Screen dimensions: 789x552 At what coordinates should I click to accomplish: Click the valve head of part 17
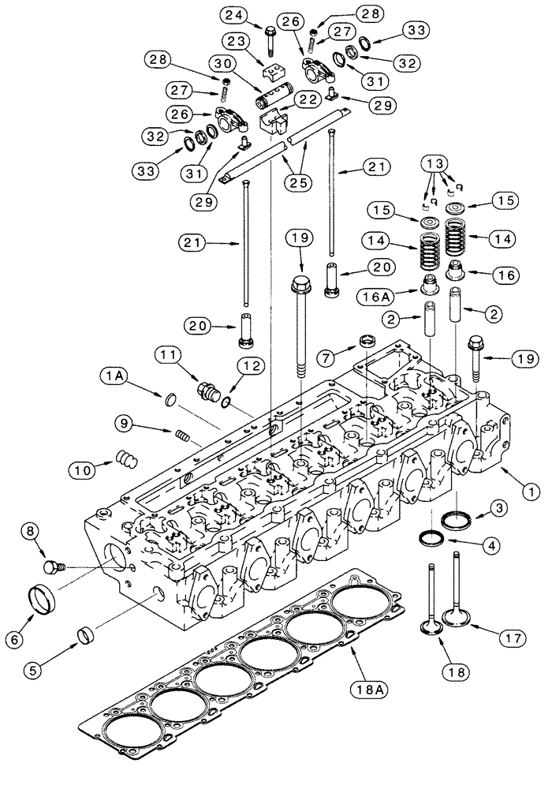[x=455, y=615]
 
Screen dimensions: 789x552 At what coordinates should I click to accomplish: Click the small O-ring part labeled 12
[x=227, y=403]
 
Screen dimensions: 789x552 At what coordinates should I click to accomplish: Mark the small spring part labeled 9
[x=182, y=434]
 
